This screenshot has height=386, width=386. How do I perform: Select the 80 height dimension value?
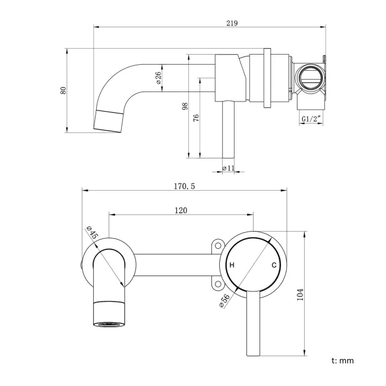[x=63, y=90]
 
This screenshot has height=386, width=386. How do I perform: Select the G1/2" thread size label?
[x=311, y=119]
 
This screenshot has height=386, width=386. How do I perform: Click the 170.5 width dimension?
[x=184, y=186]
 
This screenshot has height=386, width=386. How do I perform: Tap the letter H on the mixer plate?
[x=232, y=265]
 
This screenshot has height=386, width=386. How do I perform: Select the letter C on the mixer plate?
[x=274, y=265]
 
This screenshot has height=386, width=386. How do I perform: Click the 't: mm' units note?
[x=343, y=360]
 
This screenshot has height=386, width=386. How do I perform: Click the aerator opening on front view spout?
[x=109, y=324]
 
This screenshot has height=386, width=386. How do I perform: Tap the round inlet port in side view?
[x=311, y=78]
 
